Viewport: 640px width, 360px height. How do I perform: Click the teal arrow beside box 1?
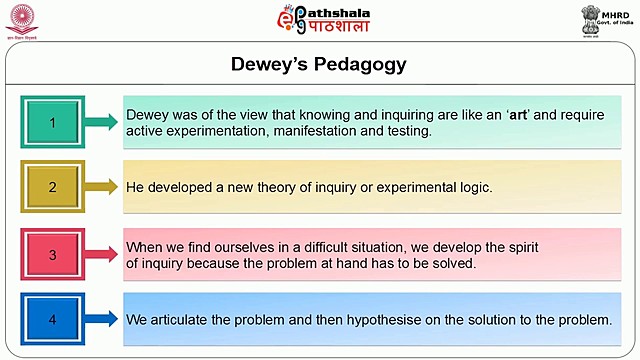click(101, 122)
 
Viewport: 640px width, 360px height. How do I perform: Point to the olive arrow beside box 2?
click(101, 186)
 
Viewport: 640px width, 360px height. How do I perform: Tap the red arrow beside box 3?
click(101, 254)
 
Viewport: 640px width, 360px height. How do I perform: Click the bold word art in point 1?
click(519, 115)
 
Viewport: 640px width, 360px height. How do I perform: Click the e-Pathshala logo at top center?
click(323, 19)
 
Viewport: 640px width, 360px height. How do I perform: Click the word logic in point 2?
click(473, 187)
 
